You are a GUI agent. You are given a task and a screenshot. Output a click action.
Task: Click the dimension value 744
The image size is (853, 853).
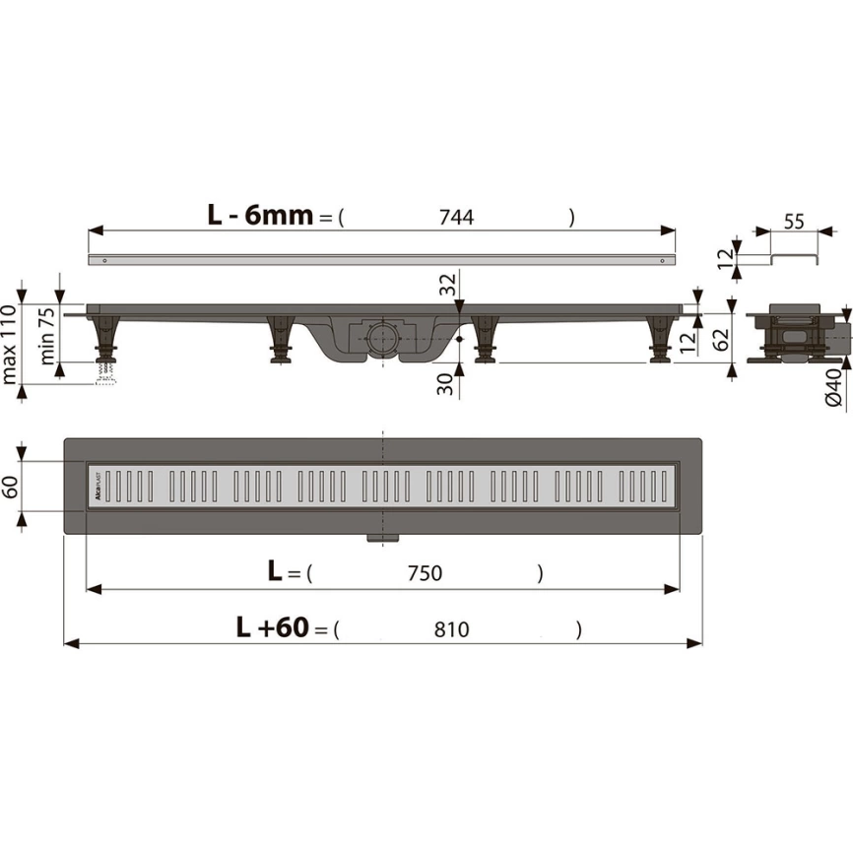tap(456, 218)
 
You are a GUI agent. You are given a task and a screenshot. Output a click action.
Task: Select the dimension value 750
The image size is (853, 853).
tap(425, 573)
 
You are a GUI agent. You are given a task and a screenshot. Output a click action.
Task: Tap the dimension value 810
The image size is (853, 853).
tap(451, 629)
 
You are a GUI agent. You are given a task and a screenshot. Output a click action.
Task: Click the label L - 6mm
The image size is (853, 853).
tap(260, 215)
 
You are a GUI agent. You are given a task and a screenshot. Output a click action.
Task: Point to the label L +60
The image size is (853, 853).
tap(273, 626)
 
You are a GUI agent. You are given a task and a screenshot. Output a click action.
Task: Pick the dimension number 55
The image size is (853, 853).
tap(794, 222)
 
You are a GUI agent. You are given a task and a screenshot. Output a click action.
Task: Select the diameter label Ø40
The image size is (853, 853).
tap(834, 387)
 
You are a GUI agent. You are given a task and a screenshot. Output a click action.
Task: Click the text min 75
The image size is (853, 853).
tap(47, 336)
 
